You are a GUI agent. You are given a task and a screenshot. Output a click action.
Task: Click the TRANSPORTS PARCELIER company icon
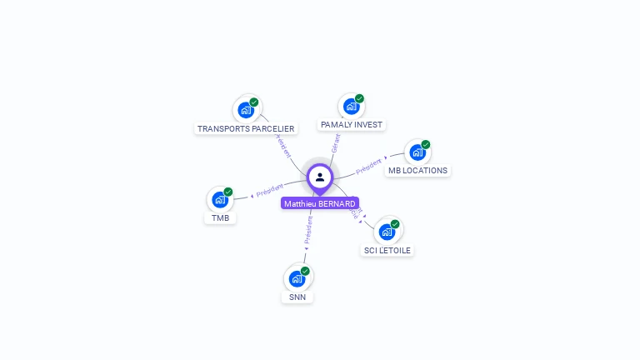246,109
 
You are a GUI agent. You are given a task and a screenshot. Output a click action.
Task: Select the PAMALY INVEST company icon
351,106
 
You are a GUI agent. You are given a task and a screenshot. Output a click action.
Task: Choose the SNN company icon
297,278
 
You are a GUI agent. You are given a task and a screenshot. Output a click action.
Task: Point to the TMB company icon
220,199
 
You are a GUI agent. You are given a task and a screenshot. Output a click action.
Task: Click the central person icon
320,177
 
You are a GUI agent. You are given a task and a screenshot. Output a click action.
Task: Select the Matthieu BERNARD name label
320,203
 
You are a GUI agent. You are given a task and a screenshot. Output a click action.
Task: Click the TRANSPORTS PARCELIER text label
246,128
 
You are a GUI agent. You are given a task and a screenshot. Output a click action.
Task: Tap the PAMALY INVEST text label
351,125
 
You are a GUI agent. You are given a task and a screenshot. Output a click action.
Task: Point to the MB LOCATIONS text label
417,171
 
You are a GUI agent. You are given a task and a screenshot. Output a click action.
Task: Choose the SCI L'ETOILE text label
387,250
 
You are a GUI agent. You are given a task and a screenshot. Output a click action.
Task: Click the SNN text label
297,297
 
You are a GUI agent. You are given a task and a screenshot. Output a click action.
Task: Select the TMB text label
220,218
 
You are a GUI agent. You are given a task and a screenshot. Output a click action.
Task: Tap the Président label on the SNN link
307,230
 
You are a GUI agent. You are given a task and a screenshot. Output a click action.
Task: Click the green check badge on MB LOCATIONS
426,145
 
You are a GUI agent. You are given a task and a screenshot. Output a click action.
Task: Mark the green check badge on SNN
305,271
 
